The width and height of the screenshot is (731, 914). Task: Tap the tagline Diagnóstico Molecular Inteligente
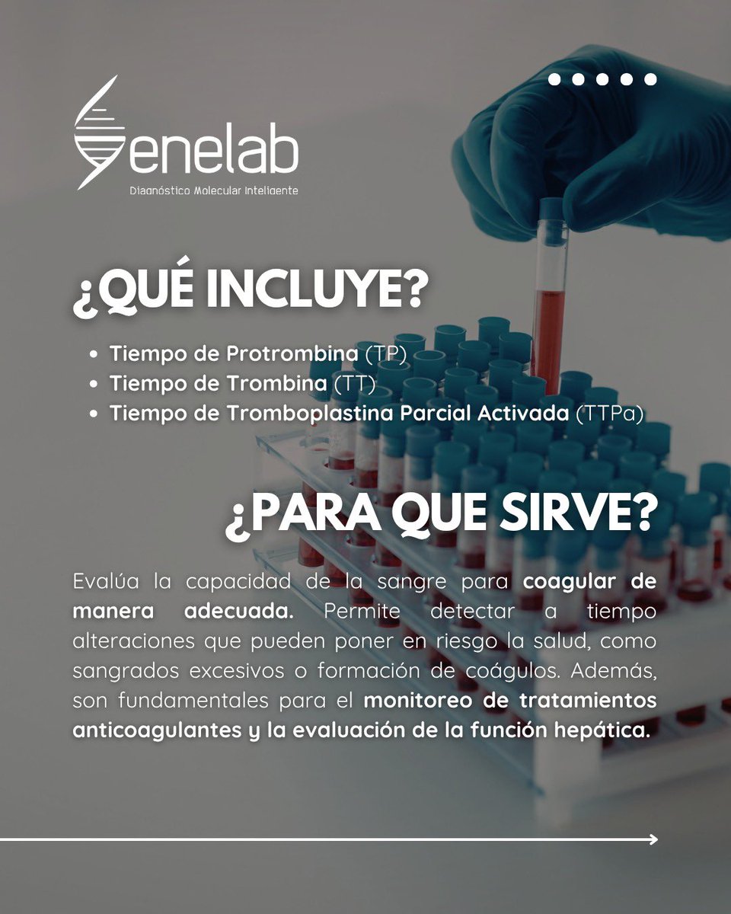214,190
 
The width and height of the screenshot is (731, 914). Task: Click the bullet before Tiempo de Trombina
93,385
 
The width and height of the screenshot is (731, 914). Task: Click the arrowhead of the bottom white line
653,839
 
